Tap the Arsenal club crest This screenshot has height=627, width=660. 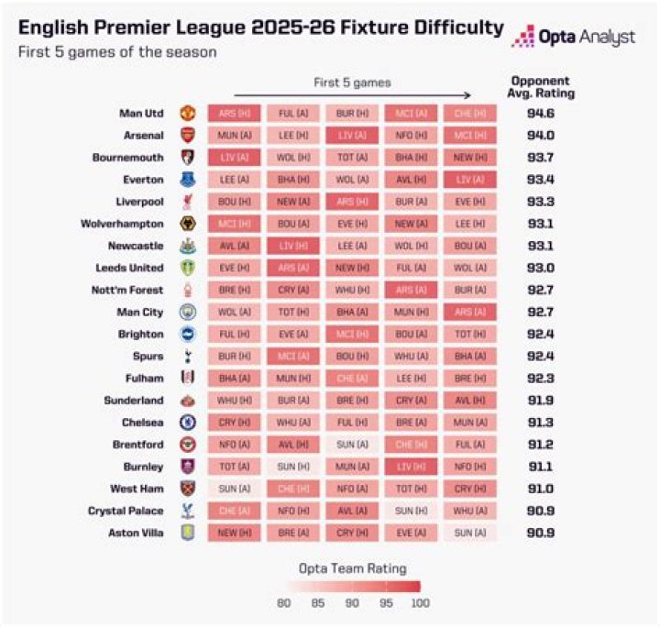point(188,136)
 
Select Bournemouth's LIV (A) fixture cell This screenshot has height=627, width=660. point(234,158)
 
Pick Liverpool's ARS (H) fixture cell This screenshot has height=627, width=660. point(352,202)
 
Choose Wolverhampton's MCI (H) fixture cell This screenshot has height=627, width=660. point(234,224)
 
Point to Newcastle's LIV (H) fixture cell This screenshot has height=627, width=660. point(293,246)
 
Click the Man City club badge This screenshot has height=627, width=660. point(188,312)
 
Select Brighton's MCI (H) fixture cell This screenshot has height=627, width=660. point(352,335)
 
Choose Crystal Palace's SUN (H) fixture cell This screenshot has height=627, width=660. point(412,511)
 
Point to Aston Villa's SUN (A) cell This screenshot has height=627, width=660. point(470,533)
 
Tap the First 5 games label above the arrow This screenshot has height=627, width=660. point(352,82)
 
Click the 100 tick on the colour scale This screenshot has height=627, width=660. point(420,604)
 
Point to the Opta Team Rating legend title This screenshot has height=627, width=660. point(352,569)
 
